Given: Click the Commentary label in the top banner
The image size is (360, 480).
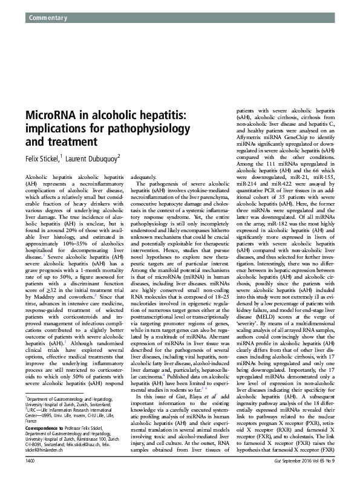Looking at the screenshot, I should coord(47,19).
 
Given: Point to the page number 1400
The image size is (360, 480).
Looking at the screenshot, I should coord(32,461).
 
